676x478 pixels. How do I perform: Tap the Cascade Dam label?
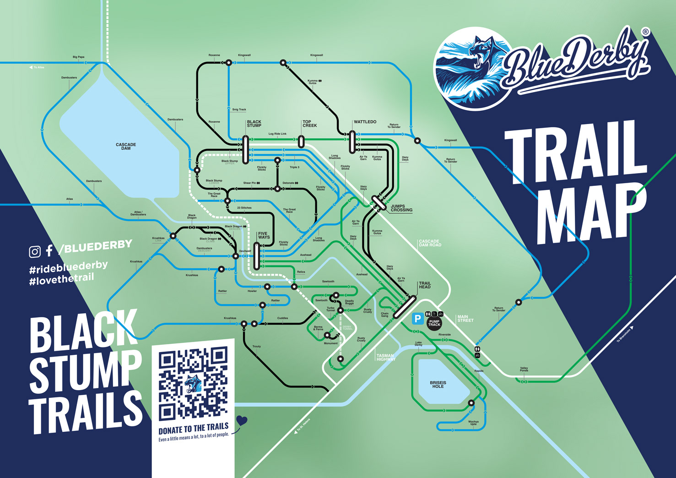[126, 147]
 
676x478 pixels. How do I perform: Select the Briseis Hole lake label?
[438, 385]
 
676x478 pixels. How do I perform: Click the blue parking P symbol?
[417, 319]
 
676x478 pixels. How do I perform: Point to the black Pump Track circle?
[434, 323]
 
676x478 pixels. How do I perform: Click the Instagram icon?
[35, 251]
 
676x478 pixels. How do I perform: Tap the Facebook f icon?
[49, 250]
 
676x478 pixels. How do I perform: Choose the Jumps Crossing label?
[401, 208]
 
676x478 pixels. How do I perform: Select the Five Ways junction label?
[264, 235]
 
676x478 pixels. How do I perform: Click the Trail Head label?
[425, 285]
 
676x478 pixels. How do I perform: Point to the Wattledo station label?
[365, 122]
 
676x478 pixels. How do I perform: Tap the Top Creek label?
[309, 124]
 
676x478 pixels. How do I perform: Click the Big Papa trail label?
[78, 57]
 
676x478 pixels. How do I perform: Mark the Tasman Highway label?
[385, 358]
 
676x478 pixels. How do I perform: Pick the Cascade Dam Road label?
[430, 243]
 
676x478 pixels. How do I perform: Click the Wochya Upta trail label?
[473, 423]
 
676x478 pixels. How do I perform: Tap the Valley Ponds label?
[524, 369]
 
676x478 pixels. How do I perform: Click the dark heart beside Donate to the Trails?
[242, 420]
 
